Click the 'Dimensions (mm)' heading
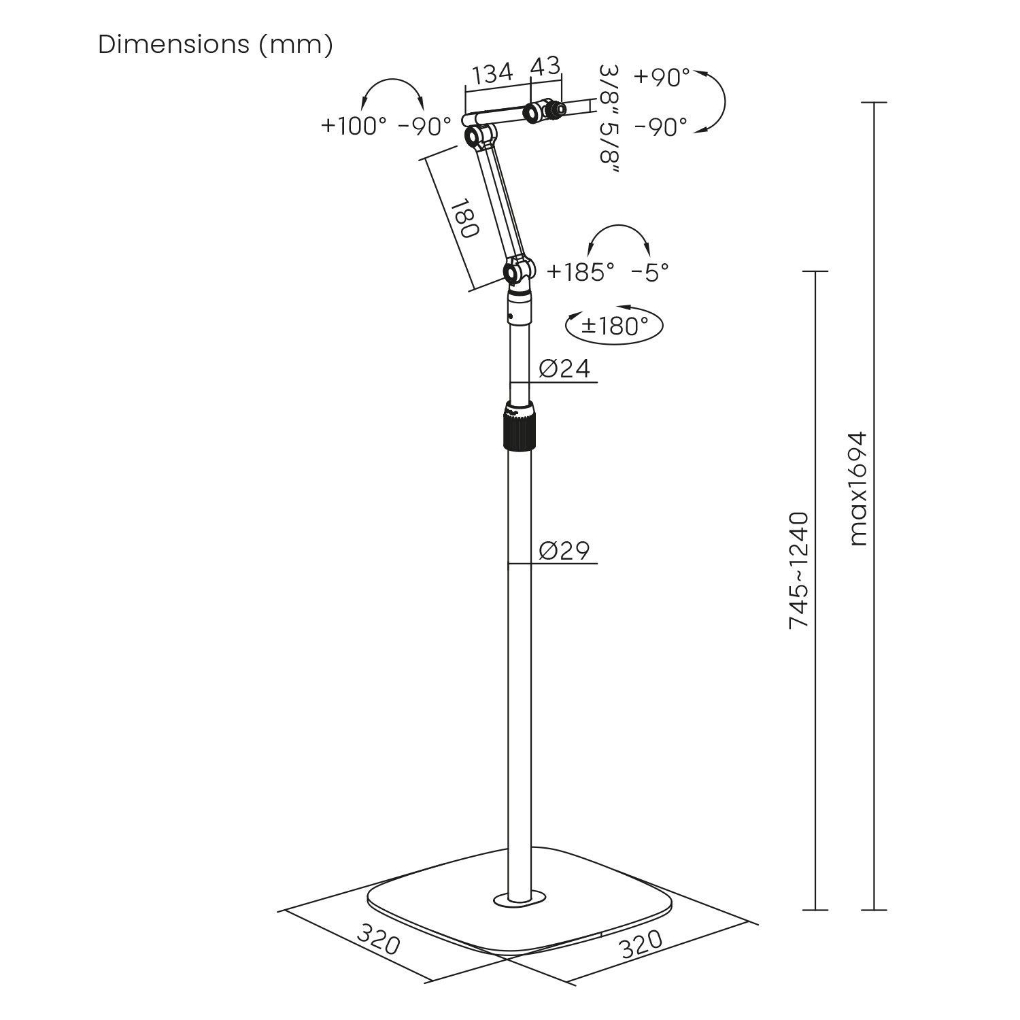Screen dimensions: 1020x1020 (216, 45)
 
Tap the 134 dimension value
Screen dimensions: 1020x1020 (493, 73)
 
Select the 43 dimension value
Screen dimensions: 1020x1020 (546, 66)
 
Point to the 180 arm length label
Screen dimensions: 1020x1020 (464, 218)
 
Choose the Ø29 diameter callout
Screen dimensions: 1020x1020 (564, 550)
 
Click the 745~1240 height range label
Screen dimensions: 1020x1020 (799, 570)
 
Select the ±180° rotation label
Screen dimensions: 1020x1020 (615, 326)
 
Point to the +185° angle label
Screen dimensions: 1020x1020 (581, 272)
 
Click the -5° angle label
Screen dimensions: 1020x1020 (650, 272)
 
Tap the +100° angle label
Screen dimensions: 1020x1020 (354, 126)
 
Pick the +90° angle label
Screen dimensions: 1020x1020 (662, 78)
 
